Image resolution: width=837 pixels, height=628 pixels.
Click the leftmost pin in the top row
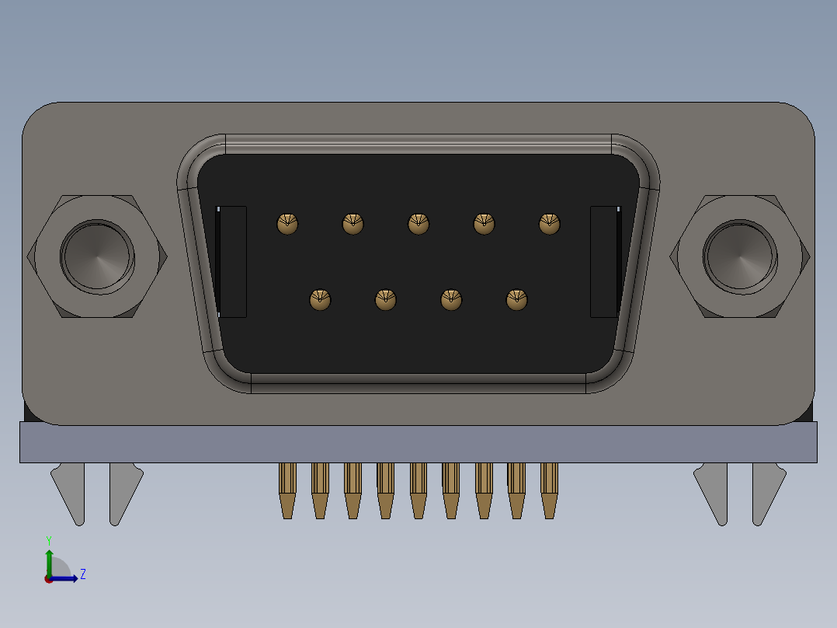(x=287, y=224)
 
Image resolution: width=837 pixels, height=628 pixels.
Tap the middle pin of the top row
(x=418, y=224)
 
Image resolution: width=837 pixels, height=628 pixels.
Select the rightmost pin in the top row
(x=550, y=224)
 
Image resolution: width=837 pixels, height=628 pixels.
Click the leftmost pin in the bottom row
(x=320, y=299)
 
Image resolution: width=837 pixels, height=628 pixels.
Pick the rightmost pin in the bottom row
(x=516, y=299)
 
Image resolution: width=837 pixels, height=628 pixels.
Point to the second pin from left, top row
(x=353, y=224)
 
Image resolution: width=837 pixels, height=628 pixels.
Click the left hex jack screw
(x=98, y=256)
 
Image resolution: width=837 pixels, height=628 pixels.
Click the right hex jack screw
(x=739, y=256)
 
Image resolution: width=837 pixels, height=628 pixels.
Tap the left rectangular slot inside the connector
(x=231, y=261)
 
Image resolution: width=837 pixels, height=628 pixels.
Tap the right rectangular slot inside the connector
(x=606, y=261)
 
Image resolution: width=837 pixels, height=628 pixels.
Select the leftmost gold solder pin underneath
(x=287, y=490)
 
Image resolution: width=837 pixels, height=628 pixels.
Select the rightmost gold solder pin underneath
(x=550, y=490)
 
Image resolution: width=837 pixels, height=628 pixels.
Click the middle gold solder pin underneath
(x=418, y=490)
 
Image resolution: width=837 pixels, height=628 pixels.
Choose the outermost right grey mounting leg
(x=767, y=491)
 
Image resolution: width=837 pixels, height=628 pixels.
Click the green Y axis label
(x=49, y=539)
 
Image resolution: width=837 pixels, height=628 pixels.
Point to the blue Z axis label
(x=82, y=574)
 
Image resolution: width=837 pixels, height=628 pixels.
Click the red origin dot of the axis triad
(x=48, y=578)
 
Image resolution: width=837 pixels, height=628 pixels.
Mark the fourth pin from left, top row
(x=484, y=224)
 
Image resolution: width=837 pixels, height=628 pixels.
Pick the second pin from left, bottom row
(x=386, y=299)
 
